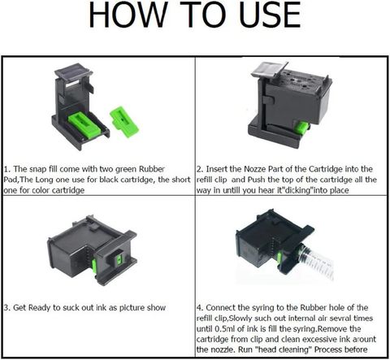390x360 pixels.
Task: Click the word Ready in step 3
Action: point(48,308)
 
